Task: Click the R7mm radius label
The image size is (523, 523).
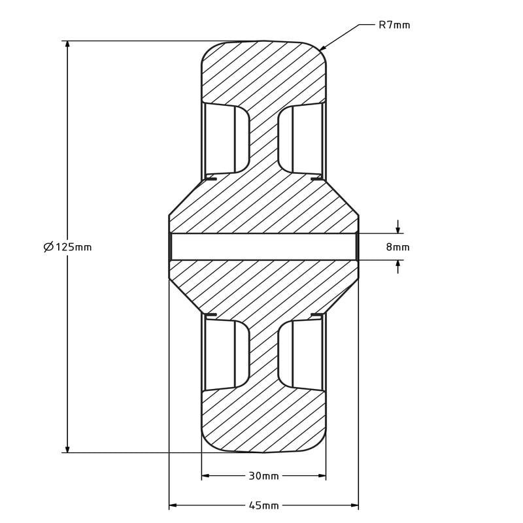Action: [394, 25]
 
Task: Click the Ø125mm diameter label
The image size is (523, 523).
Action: [67, 247]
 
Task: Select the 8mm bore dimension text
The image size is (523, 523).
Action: [397, 247]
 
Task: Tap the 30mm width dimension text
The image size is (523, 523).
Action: [263, 476]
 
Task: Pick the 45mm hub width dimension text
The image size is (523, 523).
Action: [263, 505]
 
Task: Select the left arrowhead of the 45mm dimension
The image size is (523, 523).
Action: [173, 505]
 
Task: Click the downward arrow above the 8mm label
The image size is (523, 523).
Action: [397, 229]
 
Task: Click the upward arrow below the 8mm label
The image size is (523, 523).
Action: [397, 265]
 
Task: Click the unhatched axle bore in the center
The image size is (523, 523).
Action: [263, 246]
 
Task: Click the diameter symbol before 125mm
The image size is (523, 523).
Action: [48, 247]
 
